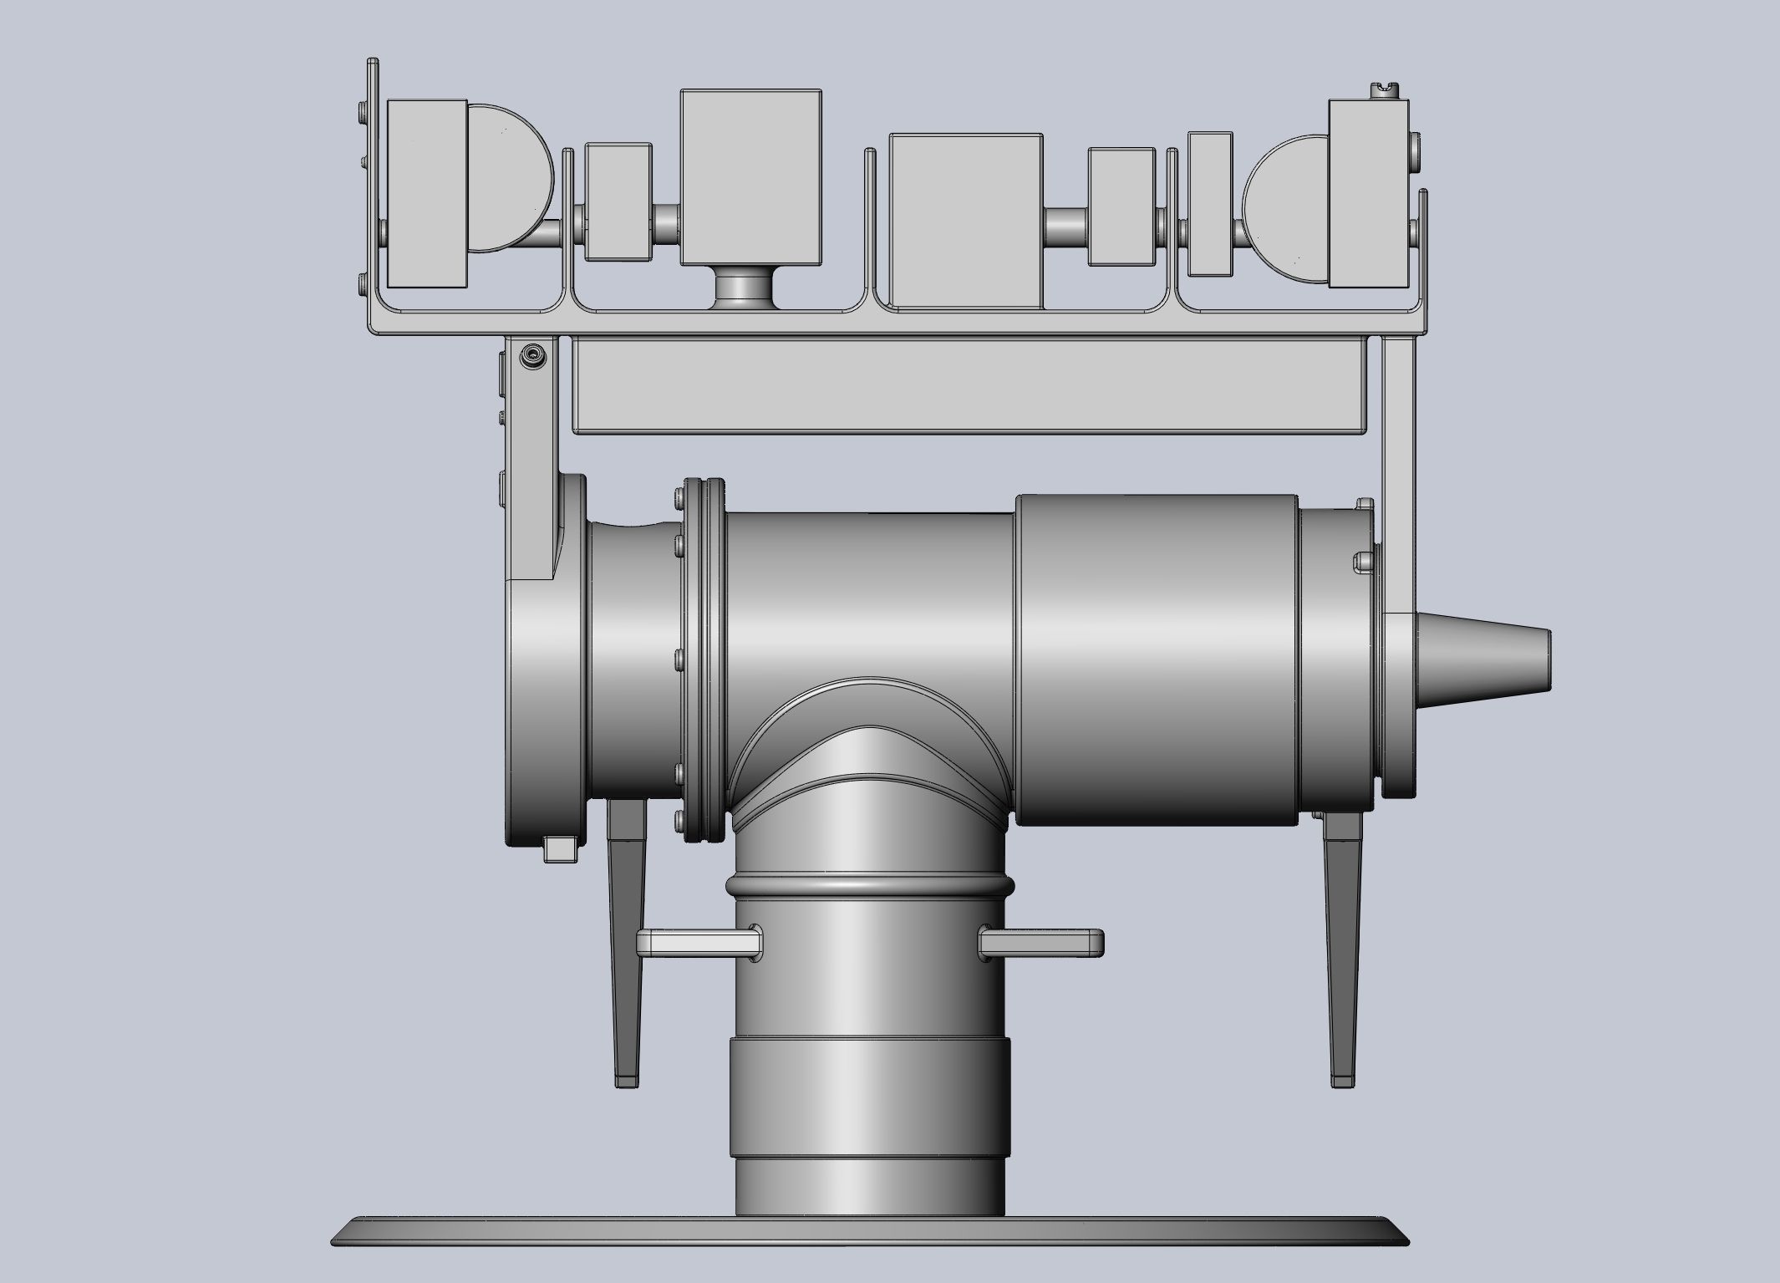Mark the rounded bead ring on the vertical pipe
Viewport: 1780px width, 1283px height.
pyautogui.click(x=869, y=887)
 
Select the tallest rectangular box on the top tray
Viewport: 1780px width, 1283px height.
pyautogui.click(x=750, y=176)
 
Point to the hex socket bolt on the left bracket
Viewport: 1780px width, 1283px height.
pyautogui.click(x=531, y=359)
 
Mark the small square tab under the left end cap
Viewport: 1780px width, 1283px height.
pyautogui.click(x=560, y=850)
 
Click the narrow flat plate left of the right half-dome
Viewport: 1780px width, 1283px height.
pyautogui.click(x=1210, y=203)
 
